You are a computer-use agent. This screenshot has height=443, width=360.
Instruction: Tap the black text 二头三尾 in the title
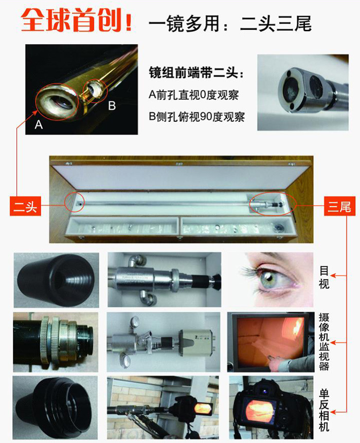tap(276, 23)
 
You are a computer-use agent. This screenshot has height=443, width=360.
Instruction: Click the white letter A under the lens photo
tap(39, 124)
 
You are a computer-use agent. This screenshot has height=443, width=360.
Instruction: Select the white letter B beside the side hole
tap(112, 106)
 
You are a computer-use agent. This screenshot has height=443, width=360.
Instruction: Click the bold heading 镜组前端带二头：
tap(196, 73)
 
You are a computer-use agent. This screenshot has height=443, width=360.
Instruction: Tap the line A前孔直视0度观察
tap(193, 95)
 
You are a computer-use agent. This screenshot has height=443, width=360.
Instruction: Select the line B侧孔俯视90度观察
tap(197, 116)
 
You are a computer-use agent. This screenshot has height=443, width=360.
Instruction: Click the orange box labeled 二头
tap(25, 206)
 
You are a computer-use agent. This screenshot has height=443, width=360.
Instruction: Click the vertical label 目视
tap(324, 277)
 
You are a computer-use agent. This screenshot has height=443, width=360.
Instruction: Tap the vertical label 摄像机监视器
tap(324, 342)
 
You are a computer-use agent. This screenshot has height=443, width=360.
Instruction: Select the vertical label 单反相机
tap(324, 410)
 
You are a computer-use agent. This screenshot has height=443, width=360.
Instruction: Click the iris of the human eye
tap(269, 279)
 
